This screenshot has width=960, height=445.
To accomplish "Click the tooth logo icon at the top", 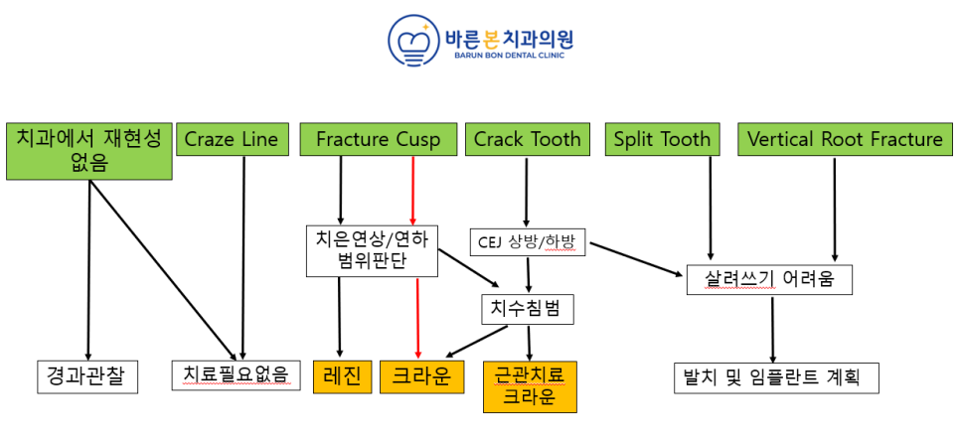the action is (x=413, y=41).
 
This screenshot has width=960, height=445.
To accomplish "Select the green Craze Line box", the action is (x=231, y=140).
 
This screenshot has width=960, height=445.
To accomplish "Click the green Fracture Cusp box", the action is (x=379, y=140).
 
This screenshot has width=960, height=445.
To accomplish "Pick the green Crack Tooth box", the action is (x=527, y=140).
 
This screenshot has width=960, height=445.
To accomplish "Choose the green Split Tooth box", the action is (x=664, y=140).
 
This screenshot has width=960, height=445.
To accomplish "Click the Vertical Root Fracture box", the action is (x=845, y=140).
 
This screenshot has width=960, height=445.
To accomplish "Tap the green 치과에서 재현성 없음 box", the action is (x=88, y=152).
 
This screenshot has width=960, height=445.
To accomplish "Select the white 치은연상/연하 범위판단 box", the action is (x=373, y=251).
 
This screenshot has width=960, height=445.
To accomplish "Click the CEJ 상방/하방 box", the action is (x=527, y=243).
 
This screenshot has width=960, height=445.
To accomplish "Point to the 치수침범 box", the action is (x=529, y=309).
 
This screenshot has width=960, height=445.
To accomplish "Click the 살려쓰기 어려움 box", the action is (x=769, y=280).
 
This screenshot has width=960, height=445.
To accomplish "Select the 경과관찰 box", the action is (x=87, y=376).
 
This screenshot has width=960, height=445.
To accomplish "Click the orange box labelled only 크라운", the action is (x=421, y=376).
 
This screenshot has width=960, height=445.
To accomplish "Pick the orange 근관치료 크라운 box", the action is (x=531, y=386).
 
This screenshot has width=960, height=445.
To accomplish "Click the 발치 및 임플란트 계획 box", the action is (x=777, y=377).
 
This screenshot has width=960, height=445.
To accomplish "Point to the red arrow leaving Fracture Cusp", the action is (x=412, y=191).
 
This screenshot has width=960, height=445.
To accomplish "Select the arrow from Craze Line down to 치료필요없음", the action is (x=243, y=257).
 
